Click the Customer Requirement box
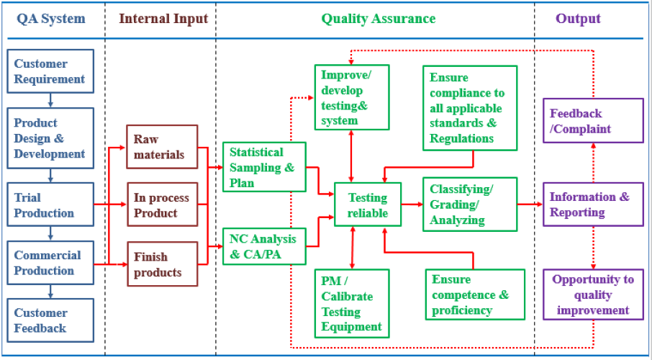coord(50,71)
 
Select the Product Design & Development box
coord(50,138)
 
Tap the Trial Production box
coord(50,205)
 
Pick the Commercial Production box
coord(50,263)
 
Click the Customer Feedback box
coord(50,320)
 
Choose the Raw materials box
coord(162,147)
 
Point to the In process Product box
coord(162,205)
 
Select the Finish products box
coord(162,264)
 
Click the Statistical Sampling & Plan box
coord(264,167)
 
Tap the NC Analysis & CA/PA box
coord(264,246)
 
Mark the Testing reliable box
coord(368,205)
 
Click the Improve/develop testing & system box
coord(352,97)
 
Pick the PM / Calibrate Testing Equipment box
coord(352,303)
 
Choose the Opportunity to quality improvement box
coord(593,295)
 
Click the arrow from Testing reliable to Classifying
coord(412,204)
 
